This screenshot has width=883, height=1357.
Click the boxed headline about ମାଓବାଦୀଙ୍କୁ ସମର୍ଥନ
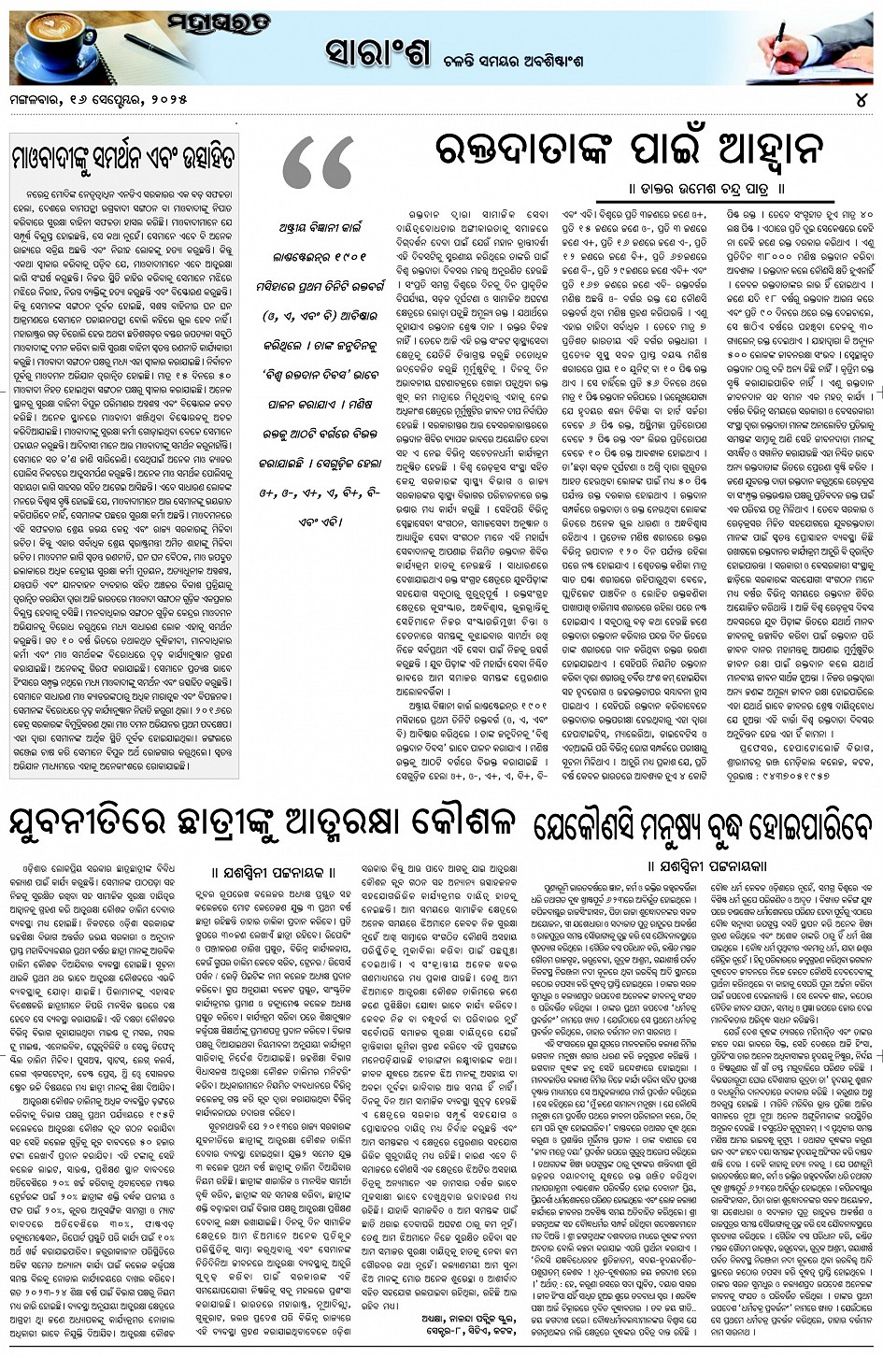(121, 150)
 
